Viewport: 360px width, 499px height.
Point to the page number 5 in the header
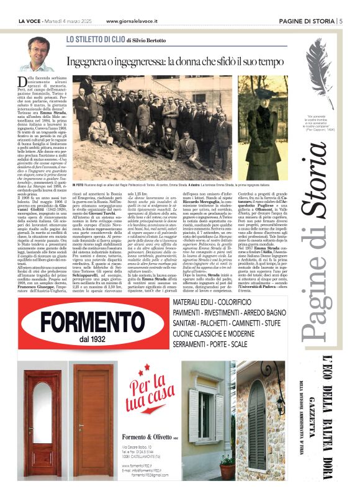click(x=340, y=21)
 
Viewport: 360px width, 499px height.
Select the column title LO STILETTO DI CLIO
click(x=96, y=39)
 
